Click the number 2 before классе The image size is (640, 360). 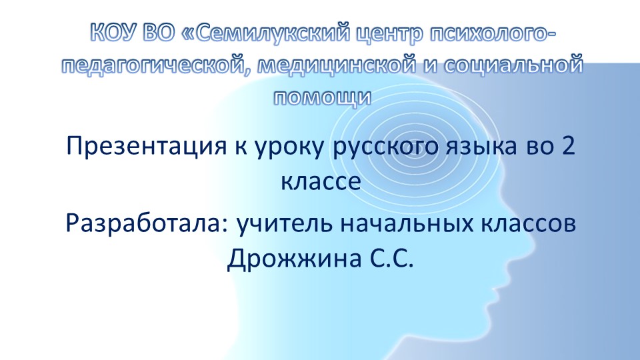click(569, 145)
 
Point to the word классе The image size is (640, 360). click(321, 180)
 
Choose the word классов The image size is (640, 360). click(521, 225)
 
